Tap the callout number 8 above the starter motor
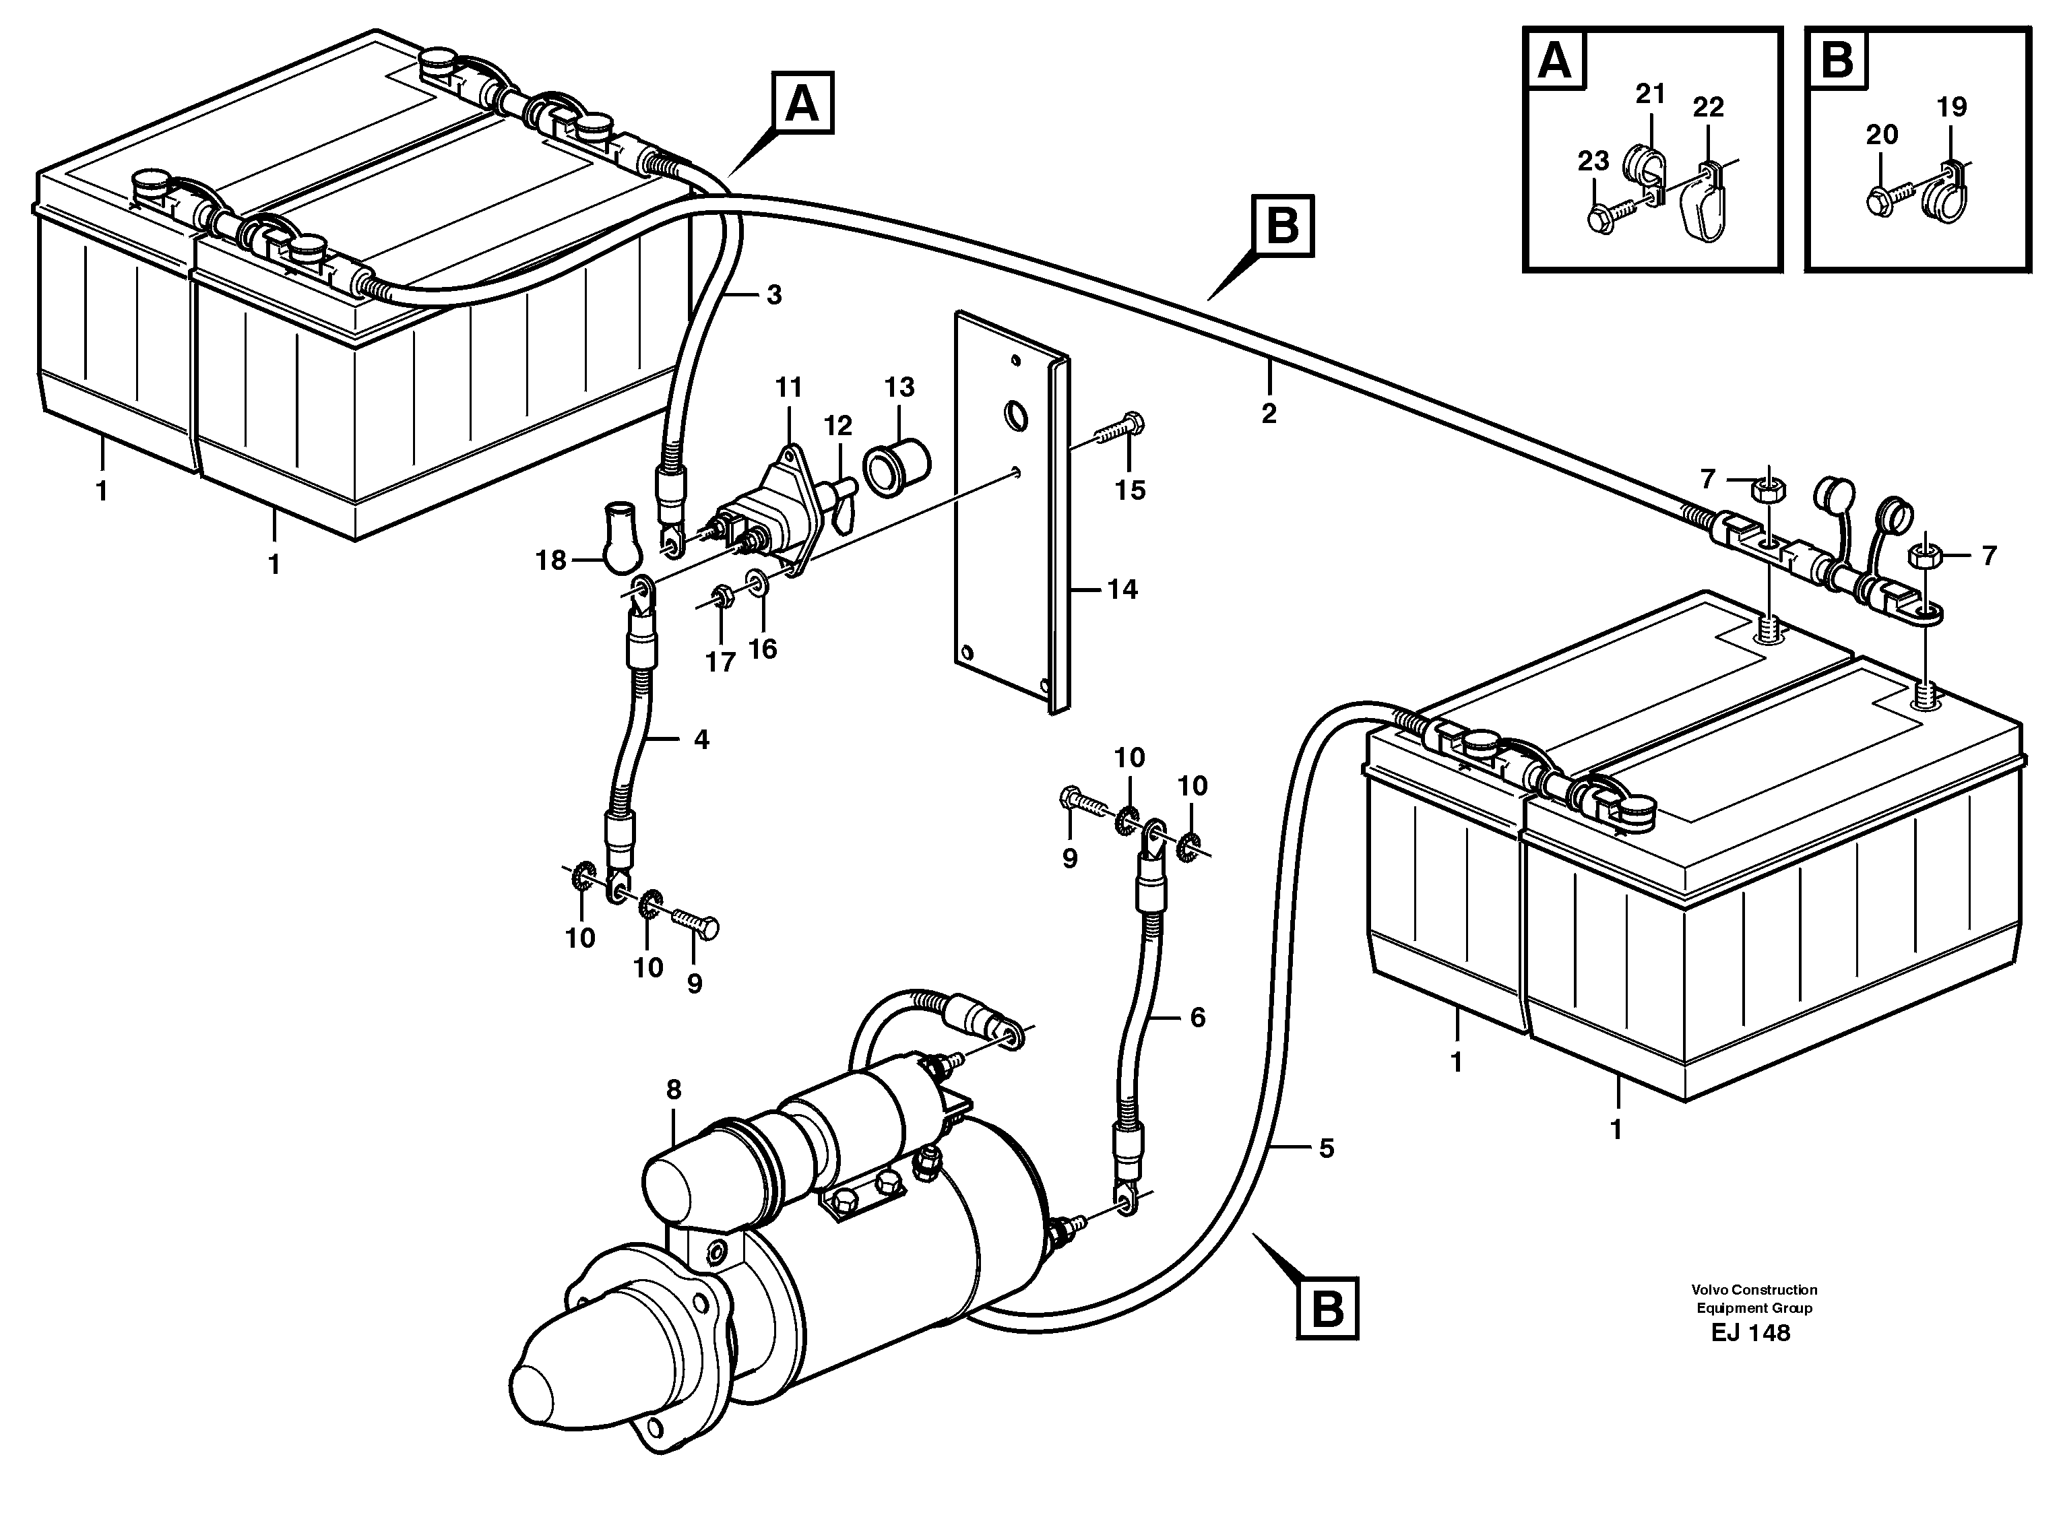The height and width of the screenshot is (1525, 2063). [x=673, y=1091]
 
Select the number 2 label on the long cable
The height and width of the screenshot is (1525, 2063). [x=1269, y=414]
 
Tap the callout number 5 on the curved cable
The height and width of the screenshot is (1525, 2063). [x=1326, y=1148]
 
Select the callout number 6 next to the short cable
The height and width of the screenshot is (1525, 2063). [x=1198, y=1017]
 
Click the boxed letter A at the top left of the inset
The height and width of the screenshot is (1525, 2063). [x=1556, y=61]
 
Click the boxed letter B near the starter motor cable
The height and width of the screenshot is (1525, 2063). [x=1327, y=1308]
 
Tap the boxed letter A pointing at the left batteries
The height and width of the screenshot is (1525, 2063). [x=802, y=103]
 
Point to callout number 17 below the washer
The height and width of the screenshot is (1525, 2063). [x=720, y=662]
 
